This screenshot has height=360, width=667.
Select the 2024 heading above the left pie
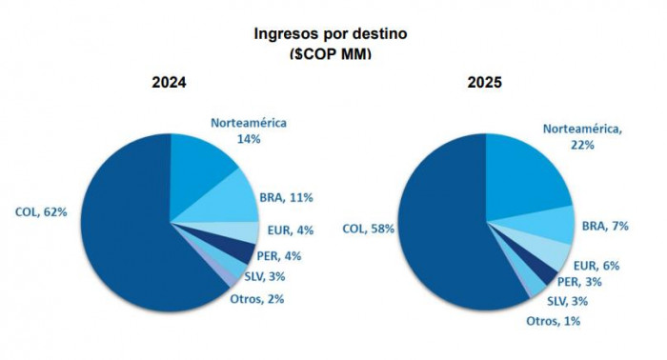pyautogui.click(x=169, y=83)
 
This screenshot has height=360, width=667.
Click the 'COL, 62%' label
pyautogui.click(x=41, y=211)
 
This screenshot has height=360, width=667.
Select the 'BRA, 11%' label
pyautogui.click(x=287, y=197)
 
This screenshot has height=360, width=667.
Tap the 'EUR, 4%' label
pyautogui.click(x=289, y=230)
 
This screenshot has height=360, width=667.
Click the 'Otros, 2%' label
pyautogui.click(x=258, y=299)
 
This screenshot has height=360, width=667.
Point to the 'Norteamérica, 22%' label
pyautogui.click(x=582, y=136)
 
